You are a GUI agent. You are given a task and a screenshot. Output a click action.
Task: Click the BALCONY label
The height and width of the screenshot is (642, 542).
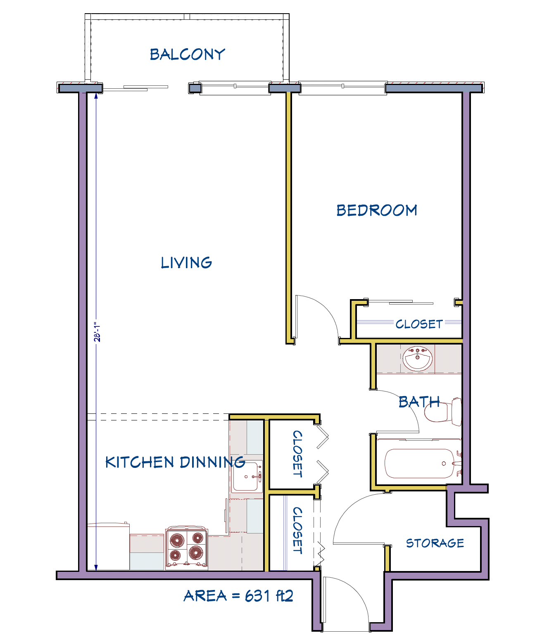(x=187, y=54)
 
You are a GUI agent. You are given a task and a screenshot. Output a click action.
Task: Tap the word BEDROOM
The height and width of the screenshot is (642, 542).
(x=377, y=210)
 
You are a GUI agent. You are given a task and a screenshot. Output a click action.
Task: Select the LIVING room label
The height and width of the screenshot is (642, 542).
(x=186, y=263)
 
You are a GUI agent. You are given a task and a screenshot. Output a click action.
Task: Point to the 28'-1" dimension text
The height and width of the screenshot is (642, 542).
(x=97, y=332)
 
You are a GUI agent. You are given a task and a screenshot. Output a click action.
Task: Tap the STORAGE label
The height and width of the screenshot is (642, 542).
(x=435, y=543)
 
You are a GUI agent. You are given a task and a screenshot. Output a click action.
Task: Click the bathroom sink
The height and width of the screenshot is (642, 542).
(x=418, y=358)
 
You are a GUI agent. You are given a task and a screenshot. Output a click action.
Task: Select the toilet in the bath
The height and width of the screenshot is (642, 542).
(x=443, y=412)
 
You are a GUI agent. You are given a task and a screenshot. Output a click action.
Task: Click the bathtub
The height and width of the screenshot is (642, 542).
(x=419, y=464)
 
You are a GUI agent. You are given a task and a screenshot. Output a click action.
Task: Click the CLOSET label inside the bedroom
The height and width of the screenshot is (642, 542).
(x=419, y=324)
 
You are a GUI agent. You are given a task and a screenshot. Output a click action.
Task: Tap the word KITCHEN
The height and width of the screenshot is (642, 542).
(x=140, y=462)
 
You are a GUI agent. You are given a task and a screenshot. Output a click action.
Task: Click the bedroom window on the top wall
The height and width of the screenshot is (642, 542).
(x=343, y=87)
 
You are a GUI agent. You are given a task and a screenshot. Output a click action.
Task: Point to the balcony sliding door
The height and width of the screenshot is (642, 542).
(x=135, y=88)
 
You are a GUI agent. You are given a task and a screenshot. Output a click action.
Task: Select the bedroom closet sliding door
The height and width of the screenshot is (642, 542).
(x=401, y=302)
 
